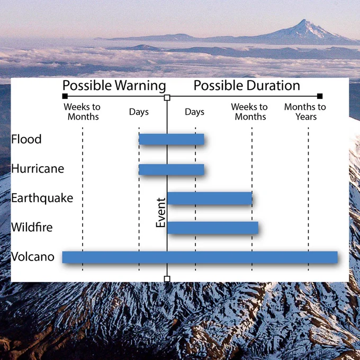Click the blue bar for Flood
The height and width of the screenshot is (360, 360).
[x=172, y=139]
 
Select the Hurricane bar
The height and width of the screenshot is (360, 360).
[x=172, y=169]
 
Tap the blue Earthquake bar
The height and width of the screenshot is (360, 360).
[x=210, y=198]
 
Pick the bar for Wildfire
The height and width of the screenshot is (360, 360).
[x=213, y=228]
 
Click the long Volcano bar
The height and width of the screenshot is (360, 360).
[x=200, y=257]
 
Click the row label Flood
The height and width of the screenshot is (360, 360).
[x=26, y=139]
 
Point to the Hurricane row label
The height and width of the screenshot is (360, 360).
[x=38, y=168]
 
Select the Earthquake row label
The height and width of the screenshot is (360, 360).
[x=42, y=198]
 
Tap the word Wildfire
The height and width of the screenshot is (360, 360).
[x=32, y=227]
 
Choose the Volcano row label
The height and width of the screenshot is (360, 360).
[x=33, y=257]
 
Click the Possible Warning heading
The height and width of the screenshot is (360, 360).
[x=114, y=86]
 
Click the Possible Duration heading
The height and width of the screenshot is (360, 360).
[x=247, y=85]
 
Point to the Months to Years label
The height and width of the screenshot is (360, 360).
[x=305, y=112]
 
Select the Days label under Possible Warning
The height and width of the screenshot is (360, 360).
[x=139, y=112]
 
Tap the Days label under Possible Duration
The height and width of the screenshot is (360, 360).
[x=194, y=112]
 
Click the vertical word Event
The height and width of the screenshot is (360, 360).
[x=161, y=213]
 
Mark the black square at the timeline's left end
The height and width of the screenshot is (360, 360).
[x=65, y=96]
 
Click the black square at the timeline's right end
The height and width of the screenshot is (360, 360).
[x=320, y=96]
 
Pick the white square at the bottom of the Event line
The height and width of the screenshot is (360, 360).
[x=167, y=279]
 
